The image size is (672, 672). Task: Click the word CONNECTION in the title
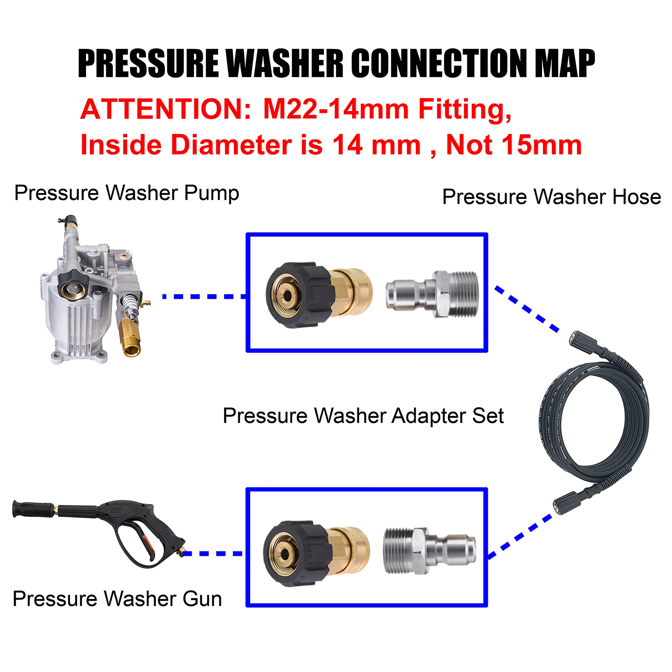(x=439, y=63)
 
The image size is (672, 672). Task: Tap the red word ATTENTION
(x=166, y=109)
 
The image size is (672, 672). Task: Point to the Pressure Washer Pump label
(x=127, y=193)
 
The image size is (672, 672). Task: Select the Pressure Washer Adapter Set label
(x=363, y=416)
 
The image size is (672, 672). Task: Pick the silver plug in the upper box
(x=432, y=294)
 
